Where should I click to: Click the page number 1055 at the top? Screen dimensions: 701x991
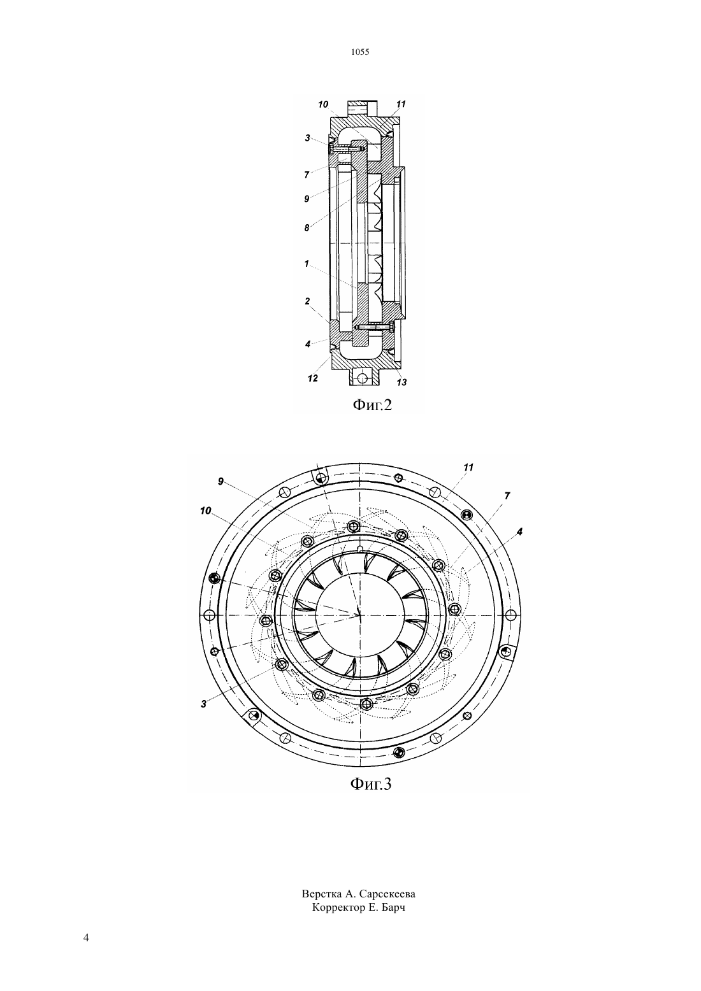[x=360, y=52]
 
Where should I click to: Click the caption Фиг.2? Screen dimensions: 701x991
[x=372, y=405]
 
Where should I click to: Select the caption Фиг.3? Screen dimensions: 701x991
[x=371, y=783]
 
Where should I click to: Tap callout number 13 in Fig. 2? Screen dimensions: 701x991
[x=401, y=382]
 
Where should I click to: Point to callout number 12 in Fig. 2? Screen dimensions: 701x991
[x=312, y=379]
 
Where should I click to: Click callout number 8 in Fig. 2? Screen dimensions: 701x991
[x=307, y=228]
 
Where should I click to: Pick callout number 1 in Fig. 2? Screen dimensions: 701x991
[x=307, y=264]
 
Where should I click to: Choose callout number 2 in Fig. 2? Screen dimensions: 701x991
[x=307, y=301]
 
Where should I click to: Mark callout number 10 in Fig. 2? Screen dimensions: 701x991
[x=323, y=104]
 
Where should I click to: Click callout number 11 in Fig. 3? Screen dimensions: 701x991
[x=468, y=467]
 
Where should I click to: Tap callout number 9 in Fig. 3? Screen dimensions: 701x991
[x=220, y=481]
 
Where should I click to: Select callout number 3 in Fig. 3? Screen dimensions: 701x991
[x=203, y=704]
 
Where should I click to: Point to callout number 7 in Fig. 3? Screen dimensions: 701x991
[x=507, y=496]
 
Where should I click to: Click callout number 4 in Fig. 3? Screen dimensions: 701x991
[x=519, y=531]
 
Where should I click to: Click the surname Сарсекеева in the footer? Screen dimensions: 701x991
[x=387, y=894]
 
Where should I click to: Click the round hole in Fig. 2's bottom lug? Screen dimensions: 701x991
[x=363, y=378]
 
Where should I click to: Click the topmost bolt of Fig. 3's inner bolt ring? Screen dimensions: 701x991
[x=353, y=526]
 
